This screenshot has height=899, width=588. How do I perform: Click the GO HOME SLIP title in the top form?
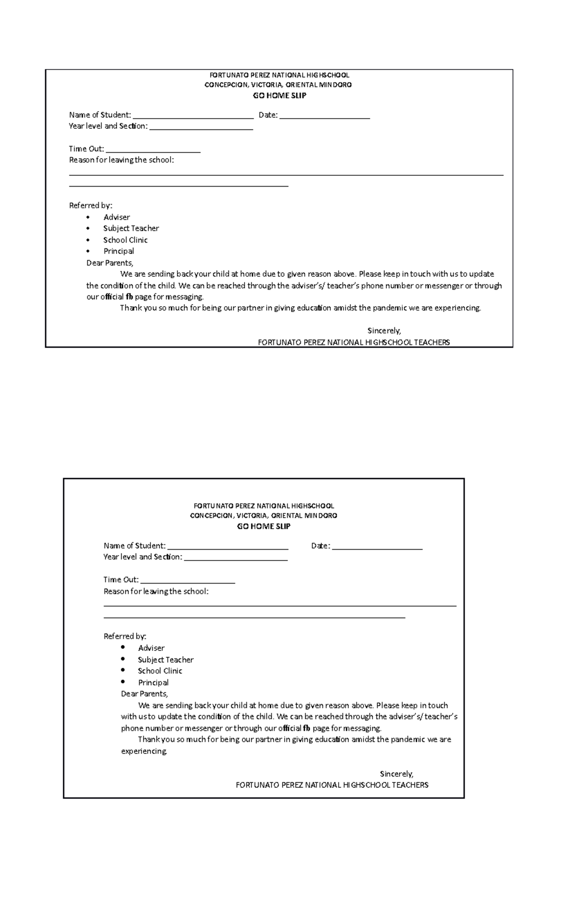click(279, 96)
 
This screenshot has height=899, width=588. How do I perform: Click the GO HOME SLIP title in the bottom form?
click(264, 526)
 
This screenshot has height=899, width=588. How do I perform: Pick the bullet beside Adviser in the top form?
click(88, 217)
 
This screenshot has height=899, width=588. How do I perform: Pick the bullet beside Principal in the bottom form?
click(122, 682)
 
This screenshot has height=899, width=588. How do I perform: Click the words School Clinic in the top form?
click(125, 240)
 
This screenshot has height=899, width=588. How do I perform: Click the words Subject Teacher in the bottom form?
click(166, 659)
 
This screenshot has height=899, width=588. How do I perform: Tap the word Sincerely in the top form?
click(384, 331)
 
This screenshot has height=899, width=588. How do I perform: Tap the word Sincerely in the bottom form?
click(396, 774)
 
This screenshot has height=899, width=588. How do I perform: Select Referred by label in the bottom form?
click(125, 636)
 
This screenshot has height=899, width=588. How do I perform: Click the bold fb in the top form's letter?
click(129, 297)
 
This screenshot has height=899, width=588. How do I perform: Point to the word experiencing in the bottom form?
click(144, 751)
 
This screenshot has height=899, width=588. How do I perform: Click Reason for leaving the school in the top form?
click(121, 160)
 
